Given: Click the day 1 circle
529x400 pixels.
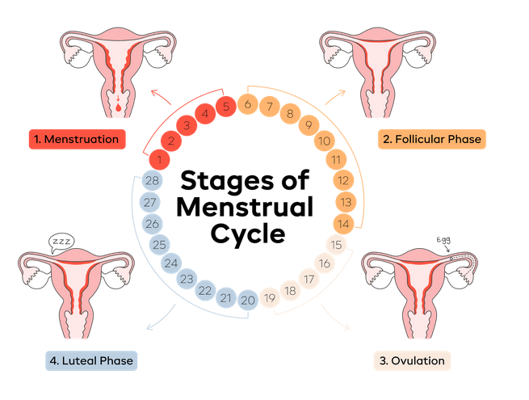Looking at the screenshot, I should pos(162,159).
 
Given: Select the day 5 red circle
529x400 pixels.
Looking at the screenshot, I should pos(226,106).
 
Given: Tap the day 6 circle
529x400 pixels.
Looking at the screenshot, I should pos(248,104).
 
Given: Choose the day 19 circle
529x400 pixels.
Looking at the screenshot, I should pos(270,299).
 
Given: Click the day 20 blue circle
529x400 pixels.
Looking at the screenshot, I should pos(248,300).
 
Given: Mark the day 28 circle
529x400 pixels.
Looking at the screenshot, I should pos(151,181).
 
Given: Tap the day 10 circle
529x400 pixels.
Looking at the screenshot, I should pos(323,142).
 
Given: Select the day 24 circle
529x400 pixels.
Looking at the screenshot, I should pos(170,263).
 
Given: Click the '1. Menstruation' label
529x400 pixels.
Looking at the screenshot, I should pos(80,139).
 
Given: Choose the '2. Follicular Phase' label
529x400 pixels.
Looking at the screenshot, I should pos(431,139).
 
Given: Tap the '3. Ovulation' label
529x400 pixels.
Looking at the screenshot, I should pos(410,360).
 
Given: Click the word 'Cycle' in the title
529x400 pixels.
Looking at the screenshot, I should pos(247,234).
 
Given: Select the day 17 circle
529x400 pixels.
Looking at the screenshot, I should pos(308,279).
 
